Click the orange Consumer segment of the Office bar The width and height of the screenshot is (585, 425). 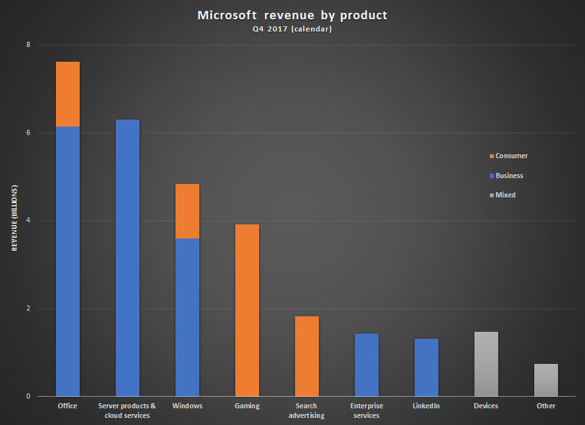pyautogui.click(x=68, y=94)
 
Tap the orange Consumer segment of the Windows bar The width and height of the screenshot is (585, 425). pyautogui.click(x=187, y=211)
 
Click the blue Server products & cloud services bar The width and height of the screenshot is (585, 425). pyautogui.click(x=127, y=258)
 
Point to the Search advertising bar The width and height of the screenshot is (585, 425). pyautogui.click(x=307, y=356)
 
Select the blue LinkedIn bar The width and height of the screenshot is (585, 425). pyautogui.click(x=426, y=367)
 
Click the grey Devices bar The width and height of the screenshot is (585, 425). pyautogui.click(x=486, y=364)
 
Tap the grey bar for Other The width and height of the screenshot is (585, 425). pyautogui.click(x=546, y=380)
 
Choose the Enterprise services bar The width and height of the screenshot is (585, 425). pyautogui.click(x=366, y=365)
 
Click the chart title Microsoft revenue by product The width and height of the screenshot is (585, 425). pyautogui.click(x=292, y=15)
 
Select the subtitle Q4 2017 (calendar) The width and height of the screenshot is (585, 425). pyautogui.click(x=292, y=30)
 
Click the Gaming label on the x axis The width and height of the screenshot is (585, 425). pyautogui.click(x=247, y=406)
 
